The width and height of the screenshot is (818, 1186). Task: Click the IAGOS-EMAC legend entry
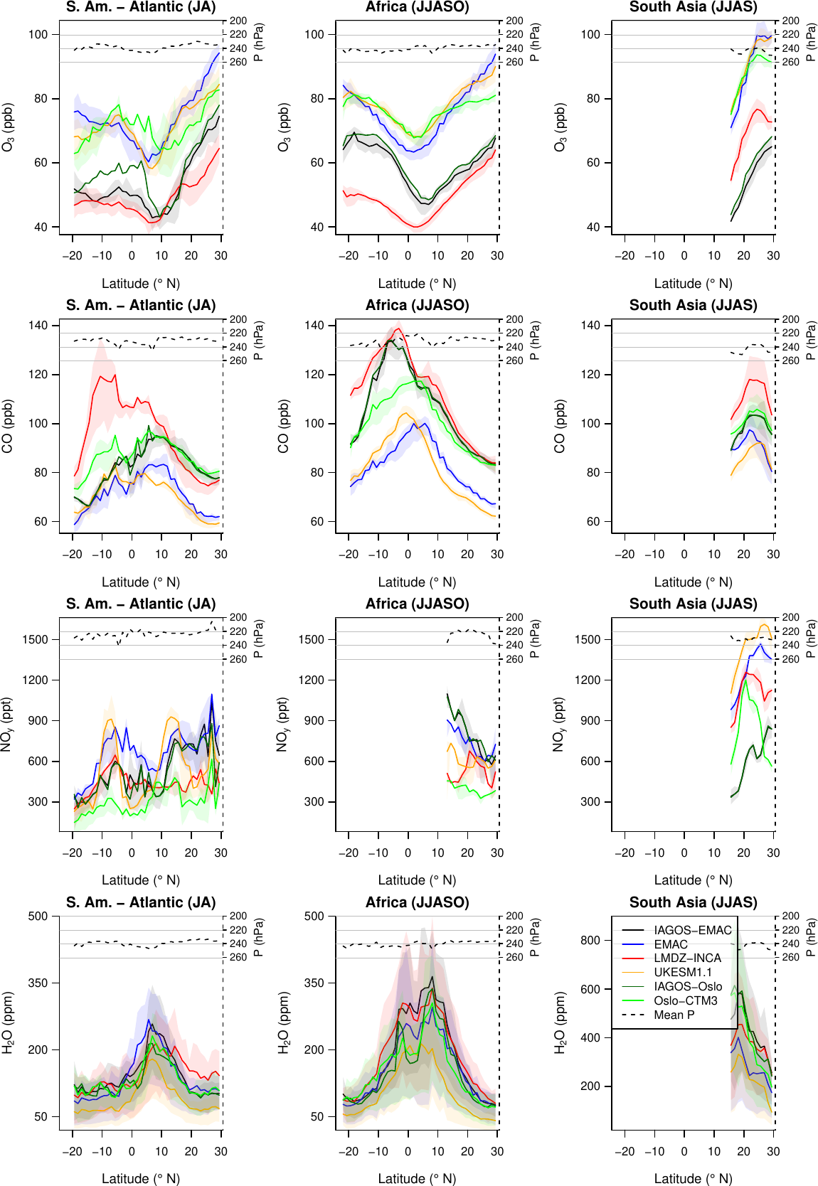pos(692,930)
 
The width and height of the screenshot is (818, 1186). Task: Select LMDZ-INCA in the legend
pos(687,958)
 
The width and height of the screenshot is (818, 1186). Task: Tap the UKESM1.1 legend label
pos(682,972)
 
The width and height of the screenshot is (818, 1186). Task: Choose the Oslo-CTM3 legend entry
pos(686,1000)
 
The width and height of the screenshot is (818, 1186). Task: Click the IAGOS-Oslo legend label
pos(688,986)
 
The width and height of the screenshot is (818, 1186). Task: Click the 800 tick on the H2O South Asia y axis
pos(590,940)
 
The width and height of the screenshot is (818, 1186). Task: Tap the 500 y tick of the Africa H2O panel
pos(314,916)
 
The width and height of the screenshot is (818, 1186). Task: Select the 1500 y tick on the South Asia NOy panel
pos(588,639)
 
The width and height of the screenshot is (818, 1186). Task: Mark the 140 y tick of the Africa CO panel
pos(314,325)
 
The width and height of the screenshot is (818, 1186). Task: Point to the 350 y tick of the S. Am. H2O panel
pos(38,983)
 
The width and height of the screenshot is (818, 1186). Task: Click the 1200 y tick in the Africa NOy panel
pos(311,680)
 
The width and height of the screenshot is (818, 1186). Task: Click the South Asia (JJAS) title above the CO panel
pos(693,305)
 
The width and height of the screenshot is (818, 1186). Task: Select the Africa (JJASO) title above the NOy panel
pos(417,604)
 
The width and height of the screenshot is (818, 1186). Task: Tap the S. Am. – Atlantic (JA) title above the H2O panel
pos(141,902)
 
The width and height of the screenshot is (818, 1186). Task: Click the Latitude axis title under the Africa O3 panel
pos(417,284)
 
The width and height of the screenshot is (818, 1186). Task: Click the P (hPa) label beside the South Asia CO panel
pos(810,341)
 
